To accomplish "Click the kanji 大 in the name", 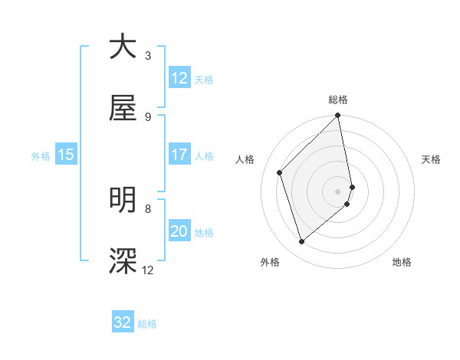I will tap(123, 47).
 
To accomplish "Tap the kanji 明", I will tap(123, 200).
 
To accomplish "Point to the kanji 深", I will tap(123, 261).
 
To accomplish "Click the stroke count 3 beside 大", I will tap(148, 56).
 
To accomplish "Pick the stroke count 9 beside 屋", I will tap(148, 117).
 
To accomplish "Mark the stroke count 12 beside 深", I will tap(148, 270).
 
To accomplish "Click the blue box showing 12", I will tap(179, 78).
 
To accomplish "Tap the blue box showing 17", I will tap(179, 155).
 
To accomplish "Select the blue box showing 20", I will tap(179, 231).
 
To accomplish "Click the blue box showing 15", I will tap(66, 155).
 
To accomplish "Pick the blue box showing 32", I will tap(123, 322).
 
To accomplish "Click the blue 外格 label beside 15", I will tap(41, 156).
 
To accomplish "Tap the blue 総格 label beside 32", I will tap(147, 324).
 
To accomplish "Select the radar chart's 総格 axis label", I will tap(338, 100).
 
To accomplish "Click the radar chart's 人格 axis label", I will tap(246, 159).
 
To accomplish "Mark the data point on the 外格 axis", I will tap(302, 242).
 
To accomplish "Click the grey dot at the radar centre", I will tap(338, 191).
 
